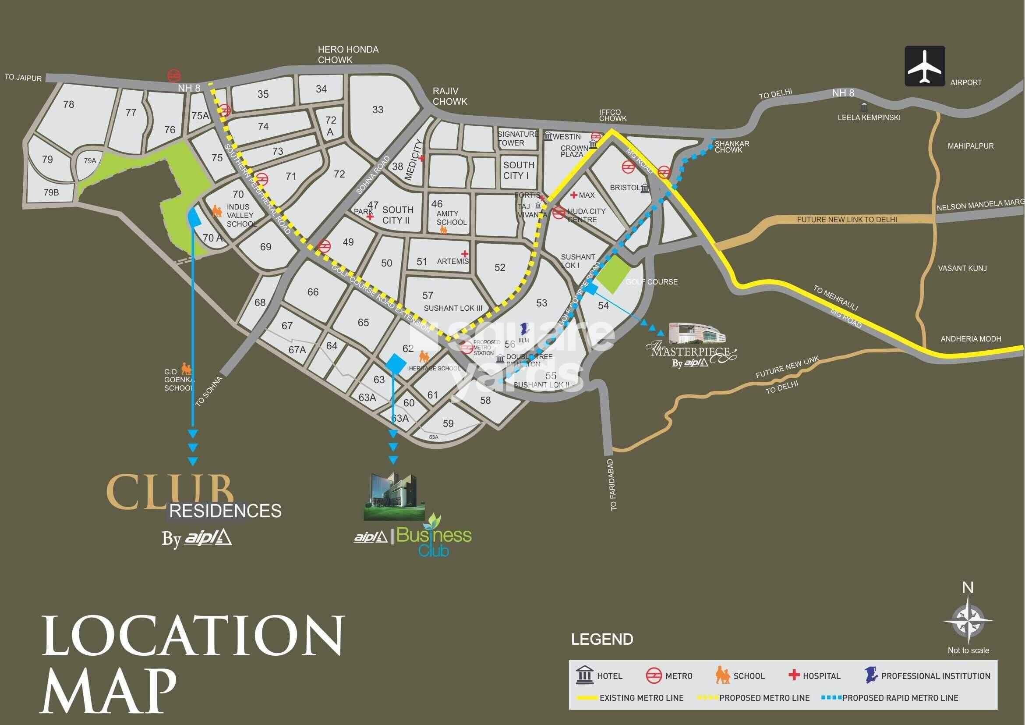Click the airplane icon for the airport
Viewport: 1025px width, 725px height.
[x=925, y=72]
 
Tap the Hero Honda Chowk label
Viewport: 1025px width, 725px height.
[x=348, y=54]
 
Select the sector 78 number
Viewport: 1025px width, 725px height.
[x=68, y=104]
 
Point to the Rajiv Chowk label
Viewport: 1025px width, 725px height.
[x=449, y=96]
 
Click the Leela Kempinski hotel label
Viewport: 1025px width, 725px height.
[x=869, y=117]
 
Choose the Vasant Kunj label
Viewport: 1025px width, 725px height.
[x=962, y=268]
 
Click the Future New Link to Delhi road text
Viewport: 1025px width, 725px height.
[x=846, y=220]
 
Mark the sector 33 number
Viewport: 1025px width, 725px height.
[x=378, y=110]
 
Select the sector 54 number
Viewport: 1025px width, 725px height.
[x=603, y=305]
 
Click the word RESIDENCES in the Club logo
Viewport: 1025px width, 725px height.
[x=226, y=511]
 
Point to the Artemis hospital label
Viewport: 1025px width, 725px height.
[x=452, y=261]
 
